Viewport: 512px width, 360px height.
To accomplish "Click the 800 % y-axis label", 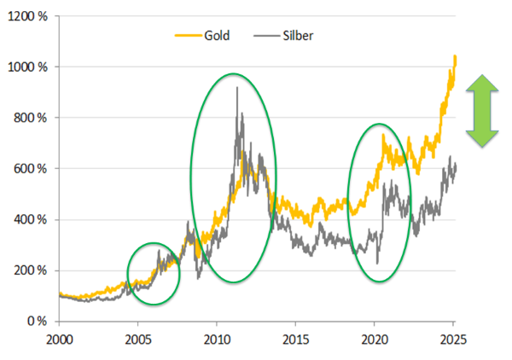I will tap(31, 118).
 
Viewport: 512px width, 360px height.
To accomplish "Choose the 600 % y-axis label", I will tap(31, 169).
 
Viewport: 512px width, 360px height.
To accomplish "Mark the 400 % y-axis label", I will tap(31, 219).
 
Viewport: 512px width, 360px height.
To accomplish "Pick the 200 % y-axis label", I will tap(31, 270).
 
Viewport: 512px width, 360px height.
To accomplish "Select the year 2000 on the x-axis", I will tap(59, 339).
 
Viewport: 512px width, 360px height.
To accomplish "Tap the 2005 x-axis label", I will tap(138, 339).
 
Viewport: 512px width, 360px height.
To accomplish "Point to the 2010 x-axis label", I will tap(217, 339).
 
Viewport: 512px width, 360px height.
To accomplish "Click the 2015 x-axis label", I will tap(296, 339).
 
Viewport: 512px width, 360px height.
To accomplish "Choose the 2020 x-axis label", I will tap(375, 339).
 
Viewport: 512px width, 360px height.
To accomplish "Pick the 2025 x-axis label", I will tap(454, 339).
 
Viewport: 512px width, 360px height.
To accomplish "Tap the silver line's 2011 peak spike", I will tap(236, 87).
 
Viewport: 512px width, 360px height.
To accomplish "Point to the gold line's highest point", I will tap(456, 55).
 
